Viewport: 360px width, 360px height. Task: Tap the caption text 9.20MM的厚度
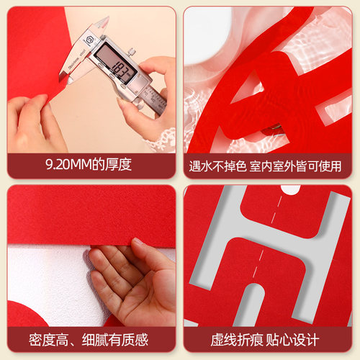point(89,165)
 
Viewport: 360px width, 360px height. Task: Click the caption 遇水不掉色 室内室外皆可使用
point(265,166)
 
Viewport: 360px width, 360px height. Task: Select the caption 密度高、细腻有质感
point(89,339)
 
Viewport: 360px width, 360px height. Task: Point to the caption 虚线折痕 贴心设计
point(265,339)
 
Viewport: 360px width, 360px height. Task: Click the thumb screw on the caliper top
point(131,52)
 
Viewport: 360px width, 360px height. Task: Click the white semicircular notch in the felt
point(291,189)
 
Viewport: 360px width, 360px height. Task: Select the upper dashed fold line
point(276,208)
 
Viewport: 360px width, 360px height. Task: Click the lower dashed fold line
point(258,264)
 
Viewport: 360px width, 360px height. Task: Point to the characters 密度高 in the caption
point(49,340)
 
